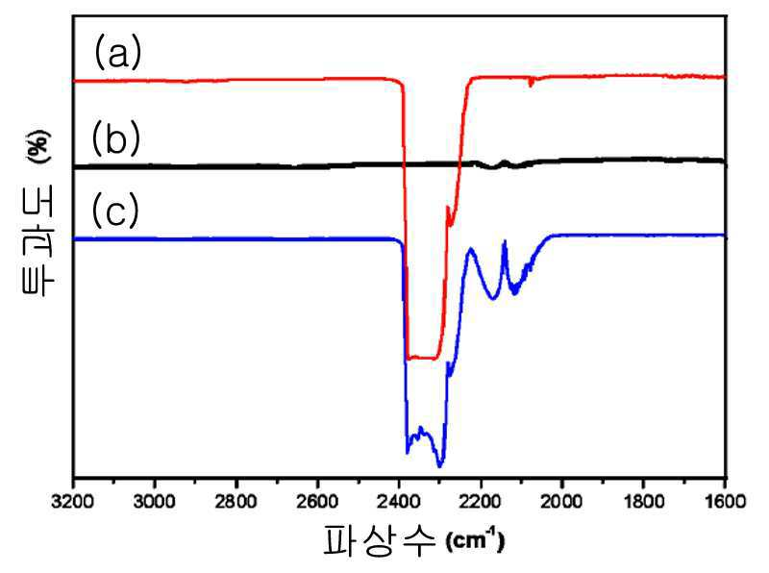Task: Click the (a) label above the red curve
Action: [117, 52]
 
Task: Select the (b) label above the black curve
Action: [116, 138]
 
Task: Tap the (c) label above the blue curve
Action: [115, 211]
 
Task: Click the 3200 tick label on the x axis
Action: [73, 502]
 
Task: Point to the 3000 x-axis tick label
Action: [155, 502]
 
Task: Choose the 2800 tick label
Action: [236, 502]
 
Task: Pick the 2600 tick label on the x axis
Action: [317, 502]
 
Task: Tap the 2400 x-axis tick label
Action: [399, 502]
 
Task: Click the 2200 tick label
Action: [481, 502]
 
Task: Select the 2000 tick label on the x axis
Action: [562, 502]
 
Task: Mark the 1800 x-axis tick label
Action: [643, 502]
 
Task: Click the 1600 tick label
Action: [725, 502]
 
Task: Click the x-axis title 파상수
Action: [379, 540]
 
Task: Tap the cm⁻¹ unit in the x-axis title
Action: [475, 540]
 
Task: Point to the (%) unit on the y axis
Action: [38, 146]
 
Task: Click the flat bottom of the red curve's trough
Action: [422, 358]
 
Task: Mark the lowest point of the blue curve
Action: [440, 466]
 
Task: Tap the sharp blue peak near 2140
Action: [504, 241]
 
